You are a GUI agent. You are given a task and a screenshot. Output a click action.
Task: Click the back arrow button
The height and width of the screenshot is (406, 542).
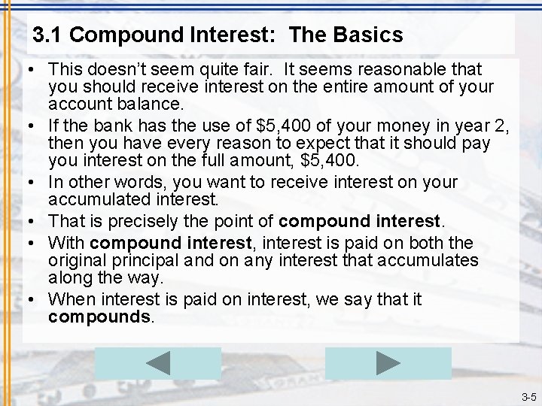coord(158,363)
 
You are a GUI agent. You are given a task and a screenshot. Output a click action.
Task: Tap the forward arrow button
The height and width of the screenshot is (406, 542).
coord(388,363)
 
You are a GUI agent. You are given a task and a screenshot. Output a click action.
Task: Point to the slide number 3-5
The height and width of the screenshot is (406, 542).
coord(528,397)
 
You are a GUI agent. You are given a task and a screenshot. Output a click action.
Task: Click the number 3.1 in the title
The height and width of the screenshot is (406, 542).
coord(48,35)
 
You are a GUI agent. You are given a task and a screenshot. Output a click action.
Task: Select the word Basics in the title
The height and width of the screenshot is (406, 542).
coord(367,35)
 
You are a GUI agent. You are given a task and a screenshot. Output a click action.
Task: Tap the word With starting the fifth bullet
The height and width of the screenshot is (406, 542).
coord(66,242)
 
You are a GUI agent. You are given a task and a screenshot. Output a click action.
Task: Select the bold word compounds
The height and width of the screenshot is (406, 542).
coord(99,317)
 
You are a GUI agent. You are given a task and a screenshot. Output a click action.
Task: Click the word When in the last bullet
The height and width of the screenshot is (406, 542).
coord(69,299)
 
